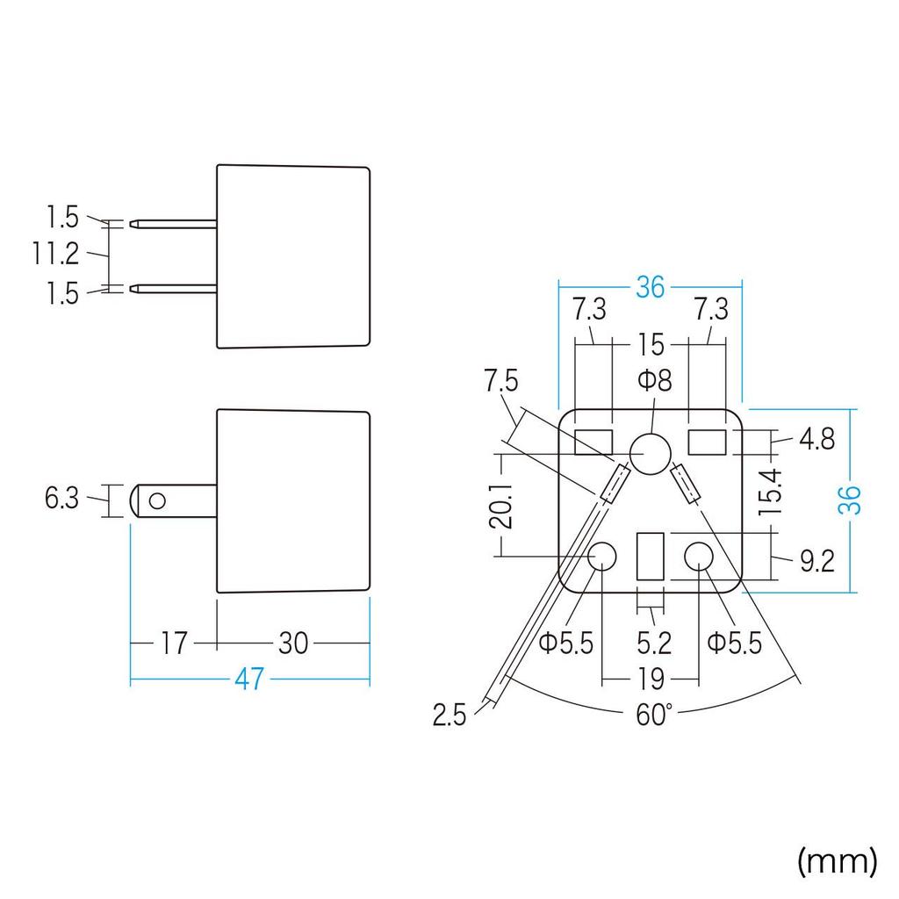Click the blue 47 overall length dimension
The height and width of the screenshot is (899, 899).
[248, 679]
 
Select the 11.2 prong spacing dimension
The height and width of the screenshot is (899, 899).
[55, 254]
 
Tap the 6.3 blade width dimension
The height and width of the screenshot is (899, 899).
[61, 498]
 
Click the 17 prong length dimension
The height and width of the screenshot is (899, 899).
[173, 644]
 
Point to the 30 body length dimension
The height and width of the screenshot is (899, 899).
[293, 644]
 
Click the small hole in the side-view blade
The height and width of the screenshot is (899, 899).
[157, 501]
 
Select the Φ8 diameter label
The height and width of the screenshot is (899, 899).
[655, 380]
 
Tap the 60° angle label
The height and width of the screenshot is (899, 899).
[653, 715]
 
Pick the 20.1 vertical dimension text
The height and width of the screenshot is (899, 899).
[500, 505]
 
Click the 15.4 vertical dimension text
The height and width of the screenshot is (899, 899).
[770, 492]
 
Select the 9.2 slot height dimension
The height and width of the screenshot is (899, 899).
[817, 561]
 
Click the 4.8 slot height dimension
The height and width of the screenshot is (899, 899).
[817, 439]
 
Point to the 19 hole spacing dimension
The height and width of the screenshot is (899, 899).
[651, 680]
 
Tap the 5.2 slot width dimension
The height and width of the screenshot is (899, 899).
[654, 644]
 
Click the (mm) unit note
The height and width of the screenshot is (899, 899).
[838, 860]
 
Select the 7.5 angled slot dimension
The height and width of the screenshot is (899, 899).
[501, 381]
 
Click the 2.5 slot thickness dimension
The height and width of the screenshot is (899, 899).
[449, 715]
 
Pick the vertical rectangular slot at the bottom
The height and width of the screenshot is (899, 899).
[651, 556]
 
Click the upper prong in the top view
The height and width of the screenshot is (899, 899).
[174, 224]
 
